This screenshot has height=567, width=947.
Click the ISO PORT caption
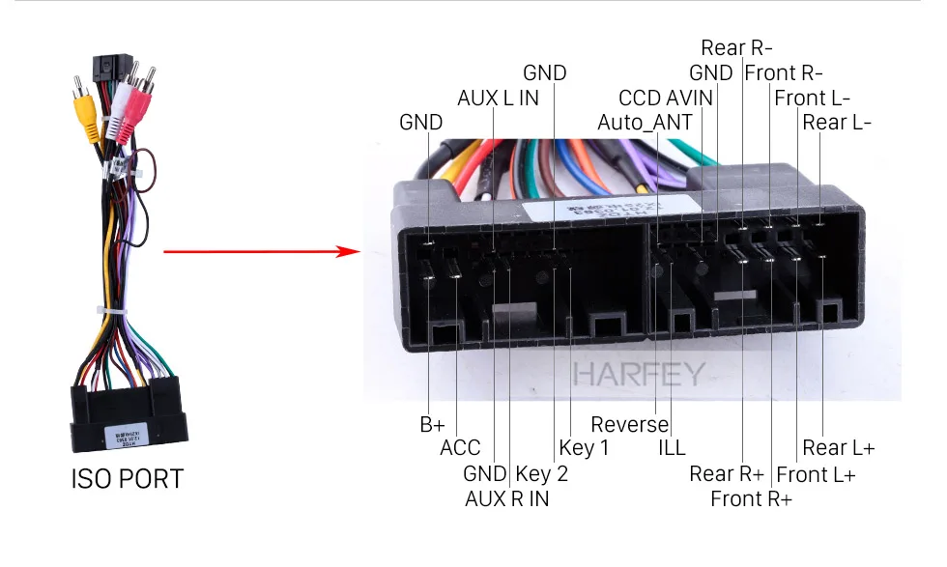pos(128,479)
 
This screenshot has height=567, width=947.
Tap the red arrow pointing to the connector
pos(262,251)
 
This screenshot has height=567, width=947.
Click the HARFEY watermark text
pos(639,375)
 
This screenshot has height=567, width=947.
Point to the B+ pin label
pos(433,424)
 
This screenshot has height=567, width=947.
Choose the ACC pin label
pos(460,448)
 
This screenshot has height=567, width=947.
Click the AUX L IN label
pos(498,98)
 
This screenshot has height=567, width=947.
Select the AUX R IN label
pos(506,498)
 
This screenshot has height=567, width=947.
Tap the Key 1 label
pos(584,448)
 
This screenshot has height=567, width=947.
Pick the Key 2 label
pos(542,474)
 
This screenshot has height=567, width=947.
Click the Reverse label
pos(629,424)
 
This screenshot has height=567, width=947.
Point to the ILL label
pos(672,448)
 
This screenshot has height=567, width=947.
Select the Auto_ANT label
pos(645,123)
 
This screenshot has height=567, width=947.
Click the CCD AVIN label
pos(666,98)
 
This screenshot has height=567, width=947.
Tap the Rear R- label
pos(736,47)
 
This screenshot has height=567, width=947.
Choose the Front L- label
pos(813,98)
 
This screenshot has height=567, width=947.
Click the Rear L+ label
pos(839,448)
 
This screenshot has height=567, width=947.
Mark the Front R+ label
pos(751,498)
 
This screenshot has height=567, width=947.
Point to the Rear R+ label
pos(727,474)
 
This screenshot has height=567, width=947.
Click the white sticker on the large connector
pos(611,209)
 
